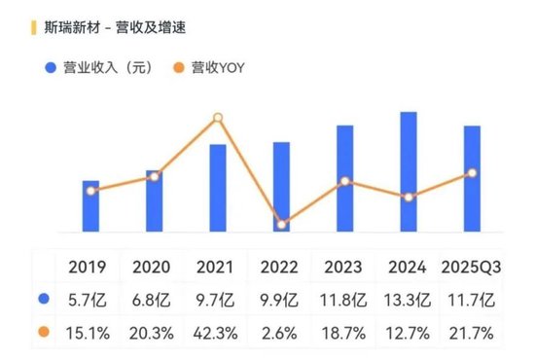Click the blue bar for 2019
pos(90,206)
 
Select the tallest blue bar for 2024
pos(409,172)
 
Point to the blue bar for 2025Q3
pos(472,179)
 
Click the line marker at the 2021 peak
pos(218,118)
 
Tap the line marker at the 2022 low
pos(281,225)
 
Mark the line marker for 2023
pos(345,182)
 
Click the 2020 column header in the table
pos(151,267)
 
